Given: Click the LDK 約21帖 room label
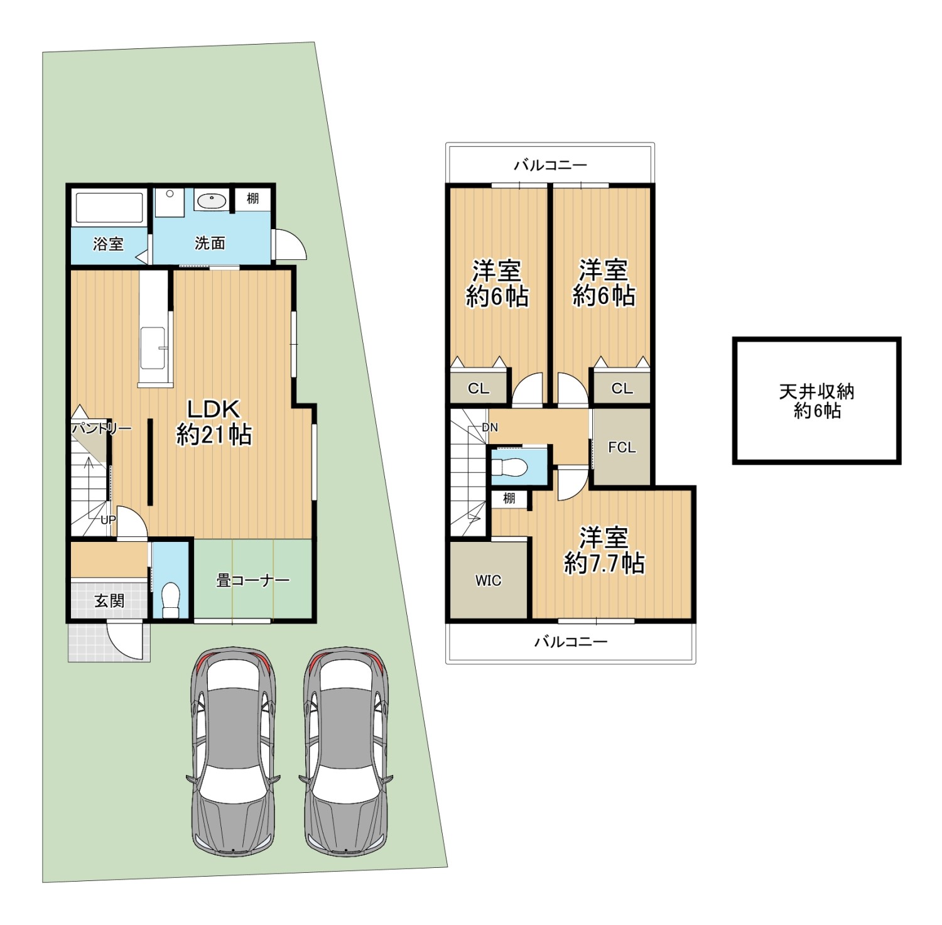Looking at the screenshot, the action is tap(214, 422).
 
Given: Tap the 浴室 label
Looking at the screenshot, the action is tap(108, 244).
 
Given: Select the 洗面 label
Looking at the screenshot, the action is tap(210, 243).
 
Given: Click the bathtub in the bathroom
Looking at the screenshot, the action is tap(109, 208).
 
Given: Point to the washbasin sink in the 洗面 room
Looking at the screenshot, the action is tap(211, 201).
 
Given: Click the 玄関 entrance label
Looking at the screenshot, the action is tap(109, 601).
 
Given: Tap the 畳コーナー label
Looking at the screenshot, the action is tap(252, 580).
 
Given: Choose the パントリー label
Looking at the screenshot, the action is tap(101, 429).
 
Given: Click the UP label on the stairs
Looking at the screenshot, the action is tap(108, 520).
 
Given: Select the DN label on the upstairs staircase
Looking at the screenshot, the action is tap(490, 428).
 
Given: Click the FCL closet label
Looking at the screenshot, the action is tap(622, 447).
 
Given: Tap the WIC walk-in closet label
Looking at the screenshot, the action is tap(488, 581).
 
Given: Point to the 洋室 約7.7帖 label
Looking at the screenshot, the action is tap(604, 551).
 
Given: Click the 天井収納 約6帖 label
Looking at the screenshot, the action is tap(816, 401).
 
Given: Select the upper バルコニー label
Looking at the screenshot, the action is tap(550, 165).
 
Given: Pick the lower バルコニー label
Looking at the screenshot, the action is tap(571, 642).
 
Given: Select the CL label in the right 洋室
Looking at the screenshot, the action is tap(622, 389).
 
